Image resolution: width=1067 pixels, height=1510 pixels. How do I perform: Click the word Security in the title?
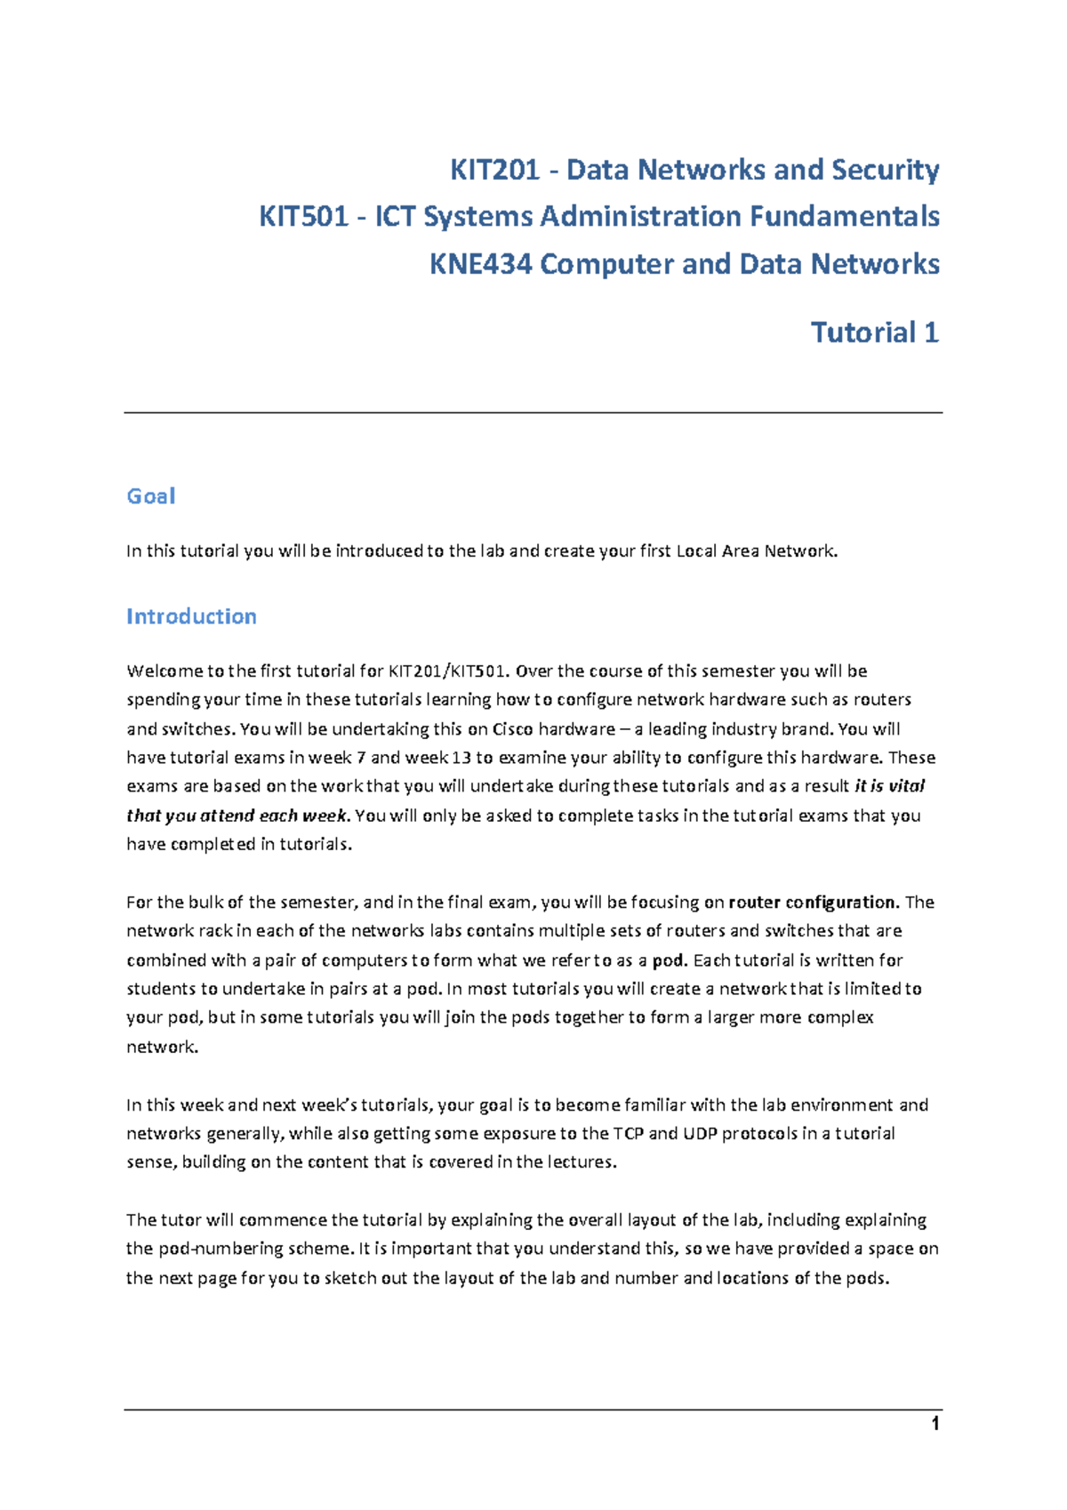(x=885, y=170)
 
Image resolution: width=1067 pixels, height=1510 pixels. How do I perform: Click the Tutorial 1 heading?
(x=874, y=333)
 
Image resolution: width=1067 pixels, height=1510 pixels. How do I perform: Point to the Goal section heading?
(x=150, y=496)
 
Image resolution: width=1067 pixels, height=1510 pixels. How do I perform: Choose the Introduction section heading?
(x=191, y=616)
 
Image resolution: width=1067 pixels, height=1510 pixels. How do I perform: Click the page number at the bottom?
(x=935, y=1425)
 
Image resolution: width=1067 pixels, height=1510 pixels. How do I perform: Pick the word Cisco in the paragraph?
(x=513, y=729)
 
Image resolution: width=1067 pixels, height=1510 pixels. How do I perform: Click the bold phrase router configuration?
(x=814, y=903)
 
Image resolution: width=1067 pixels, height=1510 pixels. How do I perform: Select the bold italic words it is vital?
(x=889, y=786)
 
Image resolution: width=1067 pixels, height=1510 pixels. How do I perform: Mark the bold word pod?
(x=669, y=960)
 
